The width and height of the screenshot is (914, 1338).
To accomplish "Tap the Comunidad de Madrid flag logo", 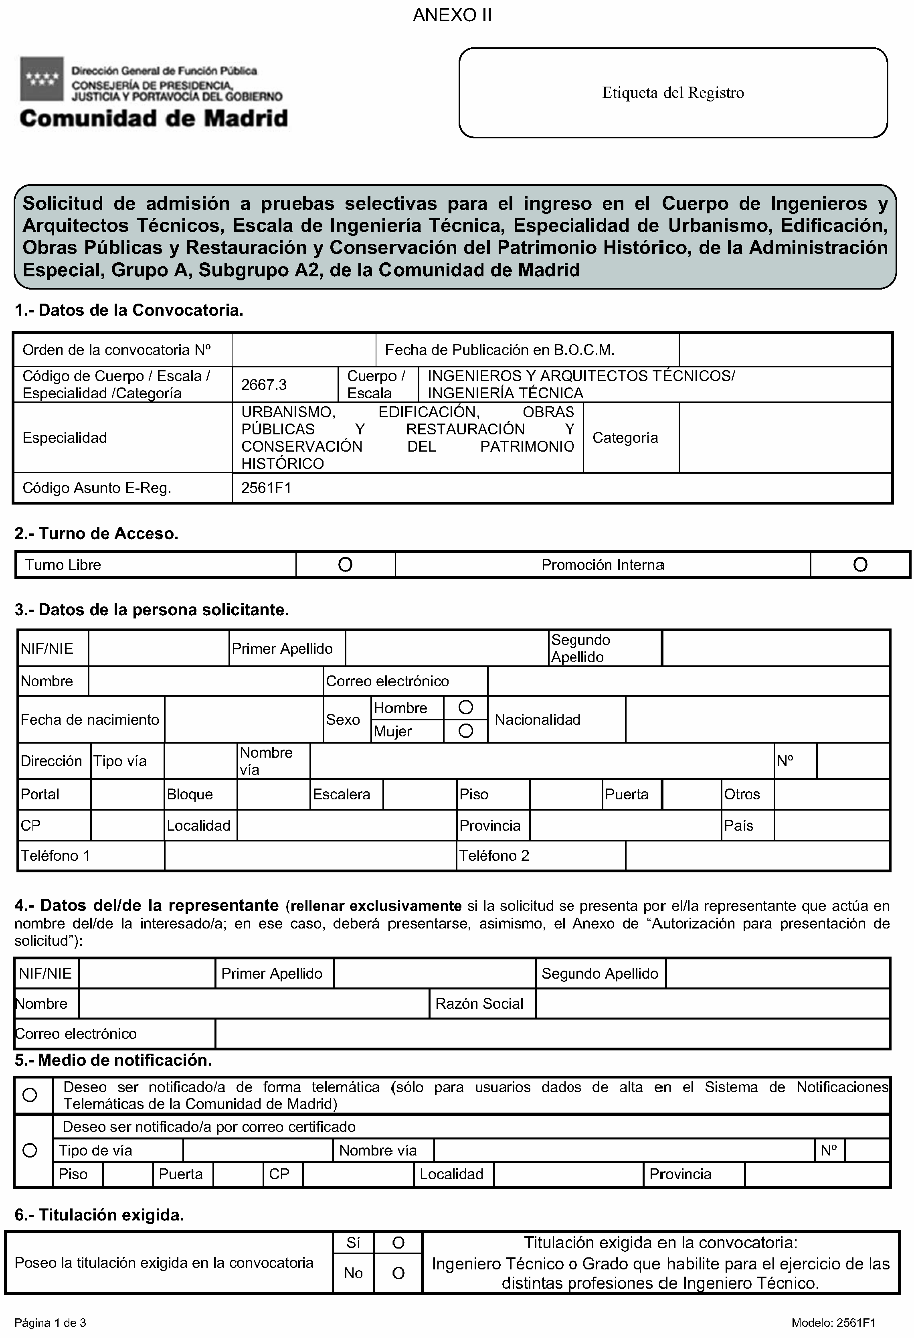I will coord(41,79).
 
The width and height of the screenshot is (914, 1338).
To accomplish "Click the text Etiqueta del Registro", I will coord(672,93).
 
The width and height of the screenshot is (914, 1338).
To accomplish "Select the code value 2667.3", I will coord(264,385).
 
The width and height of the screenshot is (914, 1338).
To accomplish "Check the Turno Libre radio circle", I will coord(345,565).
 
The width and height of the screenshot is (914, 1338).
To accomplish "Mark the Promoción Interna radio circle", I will coord(860,565).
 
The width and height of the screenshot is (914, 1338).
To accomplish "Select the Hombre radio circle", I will coord(466,707).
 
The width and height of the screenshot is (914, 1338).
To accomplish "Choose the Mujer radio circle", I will coord(466,731).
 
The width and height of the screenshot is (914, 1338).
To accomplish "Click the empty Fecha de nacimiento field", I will coord(243,719).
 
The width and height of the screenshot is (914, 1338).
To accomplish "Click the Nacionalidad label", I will coord(537,720).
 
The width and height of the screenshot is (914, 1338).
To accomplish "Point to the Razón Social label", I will coord(479,1003).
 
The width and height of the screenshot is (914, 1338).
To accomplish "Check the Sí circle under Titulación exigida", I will coord(398,1243).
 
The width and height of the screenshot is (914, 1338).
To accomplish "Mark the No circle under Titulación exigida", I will coord(398,1273).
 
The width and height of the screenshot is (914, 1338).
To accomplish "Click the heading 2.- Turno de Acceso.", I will coord(96,534).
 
